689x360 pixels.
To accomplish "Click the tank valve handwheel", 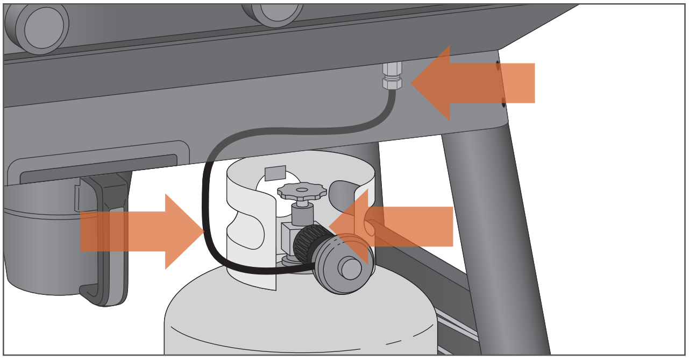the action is (302, 190).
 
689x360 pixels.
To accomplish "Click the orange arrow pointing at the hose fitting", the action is (479, 83).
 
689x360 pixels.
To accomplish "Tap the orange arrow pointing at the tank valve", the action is (398, 227).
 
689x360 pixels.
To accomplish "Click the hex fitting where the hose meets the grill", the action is (392, 75).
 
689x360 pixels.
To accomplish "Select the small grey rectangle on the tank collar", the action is (275, 173).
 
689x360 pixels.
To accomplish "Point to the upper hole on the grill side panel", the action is (498, 66).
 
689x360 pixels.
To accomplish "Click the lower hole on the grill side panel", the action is (503, 102).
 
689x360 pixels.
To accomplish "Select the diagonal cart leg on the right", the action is (495, 242).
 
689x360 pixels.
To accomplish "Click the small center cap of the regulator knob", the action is (351, 269).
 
